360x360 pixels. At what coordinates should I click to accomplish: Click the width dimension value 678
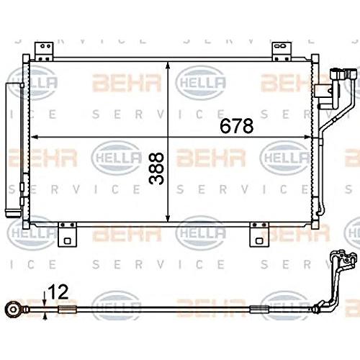click(x=236, y=126)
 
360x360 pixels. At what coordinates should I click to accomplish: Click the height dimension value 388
click(x=156, y=168)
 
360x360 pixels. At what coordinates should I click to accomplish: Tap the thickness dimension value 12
click(x=58, y=292)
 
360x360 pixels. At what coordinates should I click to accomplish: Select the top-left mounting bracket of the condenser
click(x=44, y=51)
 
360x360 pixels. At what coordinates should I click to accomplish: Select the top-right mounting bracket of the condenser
click(x=282, y=51)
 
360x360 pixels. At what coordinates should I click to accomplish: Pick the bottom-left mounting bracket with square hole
click(x=67, y=235)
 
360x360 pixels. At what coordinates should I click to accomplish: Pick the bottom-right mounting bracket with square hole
click(x=259, y=235)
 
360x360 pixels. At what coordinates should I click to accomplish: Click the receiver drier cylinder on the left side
click(x=13, y=150)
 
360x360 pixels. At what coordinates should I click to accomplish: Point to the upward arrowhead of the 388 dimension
click(x=168, y=66)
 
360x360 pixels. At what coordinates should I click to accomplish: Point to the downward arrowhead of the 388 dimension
click(x=168, y=217)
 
